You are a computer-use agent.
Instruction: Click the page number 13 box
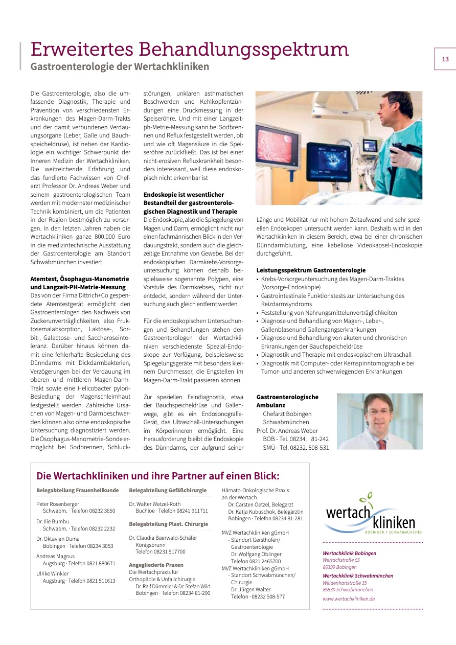[x=445, y=59]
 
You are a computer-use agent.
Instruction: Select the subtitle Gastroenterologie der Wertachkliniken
[x=120, y=66]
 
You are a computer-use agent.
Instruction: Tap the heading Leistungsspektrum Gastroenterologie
[x=311, y=270]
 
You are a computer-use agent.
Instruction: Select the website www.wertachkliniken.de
[x=349, y=598]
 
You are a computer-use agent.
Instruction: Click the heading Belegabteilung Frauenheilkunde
[x=77, y=491]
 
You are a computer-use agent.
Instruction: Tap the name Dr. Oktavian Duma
[x=58, y=539]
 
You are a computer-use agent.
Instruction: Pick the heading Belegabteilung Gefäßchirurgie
[x=168, y=491]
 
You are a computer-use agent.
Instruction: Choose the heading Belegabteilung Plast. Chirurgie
[x=168, y=524]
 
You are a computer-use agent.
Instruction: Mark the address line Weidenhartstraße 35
[x=345, y=583]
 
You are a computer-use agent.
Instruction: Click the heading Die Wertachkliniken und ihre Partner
[x=157, y=476]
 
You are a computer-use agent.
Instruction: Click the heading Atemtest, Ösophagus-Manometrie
[x=80, y=279]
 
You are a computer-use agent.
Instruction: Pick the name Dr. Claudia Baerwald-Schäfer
[x=163, y=538]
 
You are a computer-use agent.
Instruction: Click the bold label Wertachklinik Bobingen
[x=349, y=553]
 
